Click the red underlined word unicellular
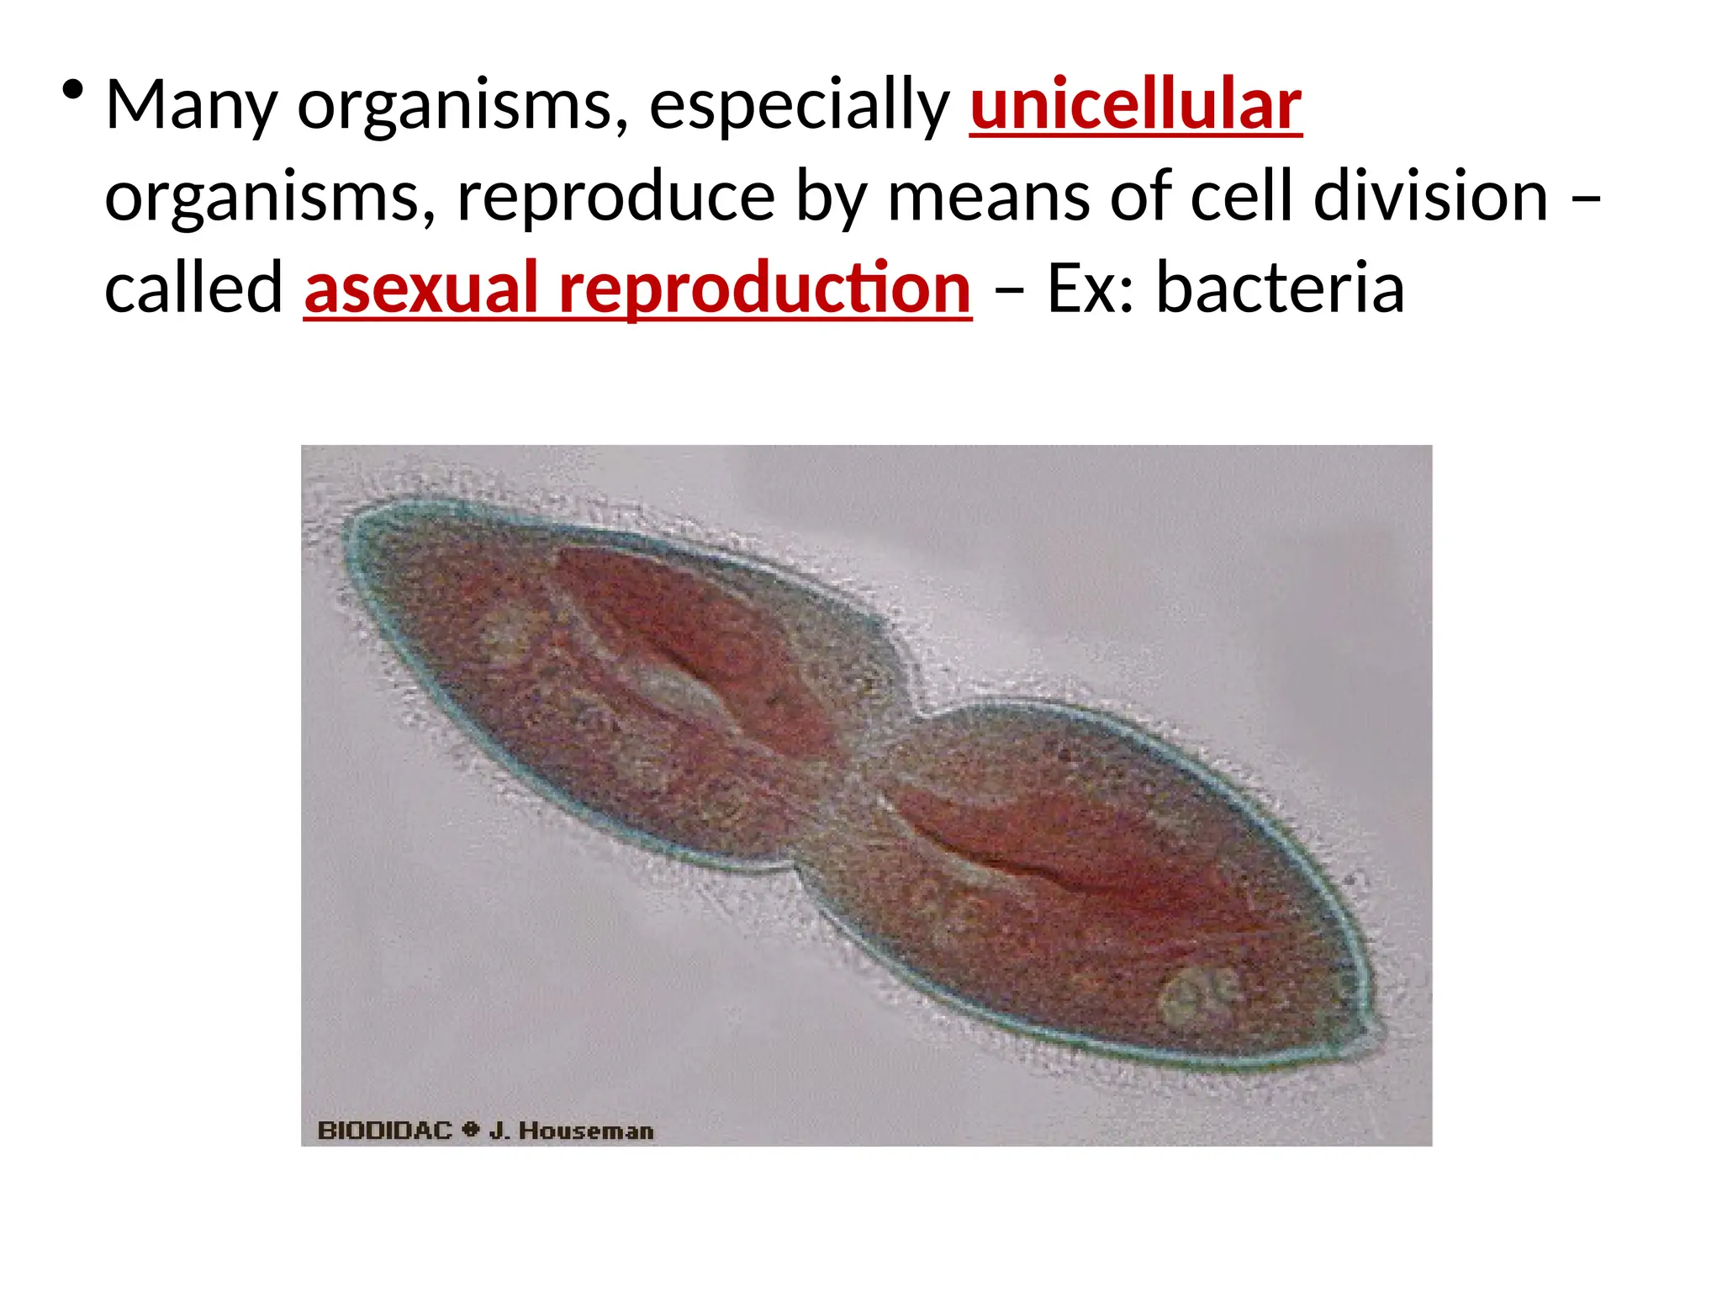click(1135, 106)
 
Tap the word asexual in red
click(420, 289)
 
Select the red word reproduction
click(764, 289)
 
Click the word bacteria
click(1280, 289)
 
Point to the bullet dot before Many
click(73, 90)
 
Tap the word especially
click(798, 106)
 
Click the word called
click(193, 289)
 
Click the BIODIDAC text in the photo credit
click(384, 1130)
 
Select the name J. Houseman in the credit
click(571, 1130)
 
